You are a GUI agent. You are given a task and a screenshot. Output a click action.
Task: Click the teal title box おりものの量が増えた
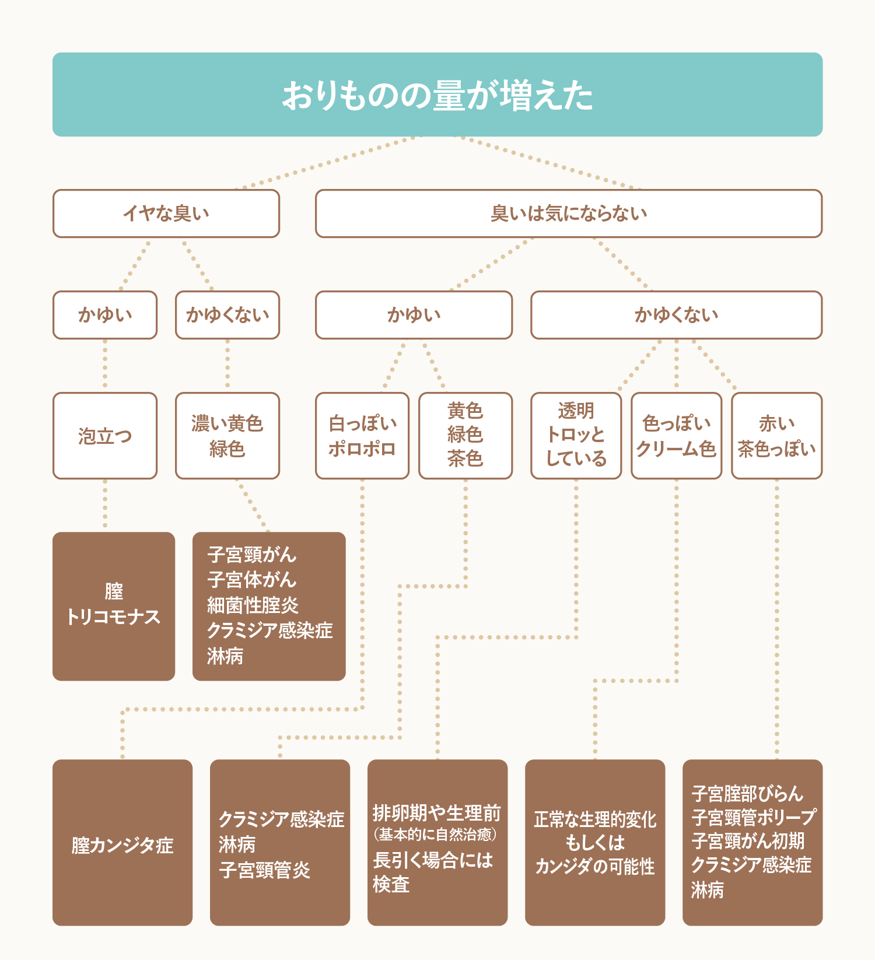point(437,94)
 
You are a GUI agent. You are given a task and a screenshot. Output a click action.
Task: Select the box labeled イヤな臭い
point(166,213)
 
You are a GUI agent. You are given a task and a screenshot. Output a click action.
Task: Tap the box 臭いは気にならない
point(569,213)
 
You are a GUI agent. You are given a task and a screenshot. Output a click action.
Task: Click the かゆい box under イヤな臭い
point(105,315)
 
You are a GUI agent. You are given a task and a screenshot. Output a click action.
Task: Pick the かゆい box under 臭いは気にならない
point(414,315)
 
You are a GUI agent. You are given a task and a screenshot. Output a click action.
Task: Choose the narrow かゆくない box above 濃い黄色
point(228,315)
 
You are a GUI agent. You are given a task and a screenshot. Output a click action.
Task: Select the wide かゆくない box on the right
point(676,315)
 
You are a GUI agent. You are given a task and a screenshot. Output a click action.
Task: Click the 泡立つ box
point(105,436)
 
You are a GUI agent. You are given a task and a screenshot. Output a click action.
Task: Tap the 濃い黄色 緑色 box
point(228,436)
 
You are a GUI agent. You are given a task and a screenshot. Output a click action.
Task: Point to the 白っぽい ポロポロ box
point(362,436)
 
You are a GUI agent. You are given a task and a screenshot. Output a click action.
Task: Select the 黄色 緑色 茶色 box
point(466,436)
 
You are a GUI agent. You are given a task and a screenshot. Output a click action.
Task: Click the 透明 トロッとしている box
point(576,436)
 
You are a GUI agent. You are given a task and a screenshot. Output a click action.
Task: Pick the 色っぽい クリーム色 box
point(676,436)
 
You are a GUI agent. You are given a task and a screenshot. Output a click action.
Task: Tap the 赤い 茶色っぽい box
point(776,436)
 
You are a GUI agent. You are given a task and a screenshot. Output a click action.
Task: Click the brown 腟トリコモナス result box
point(114,606)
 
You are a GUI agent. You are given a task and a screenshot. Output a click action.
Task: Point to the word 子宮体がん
point(252,580)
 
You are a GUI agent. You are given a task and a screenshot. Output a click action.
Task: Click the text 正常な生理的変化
point(595,819)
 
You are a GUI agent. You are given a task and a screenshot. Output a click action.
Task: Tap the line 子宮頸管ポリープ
point(753,817)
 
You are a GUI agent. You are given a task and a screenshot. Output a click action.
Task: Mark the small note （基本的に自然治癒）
point(435,835)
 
